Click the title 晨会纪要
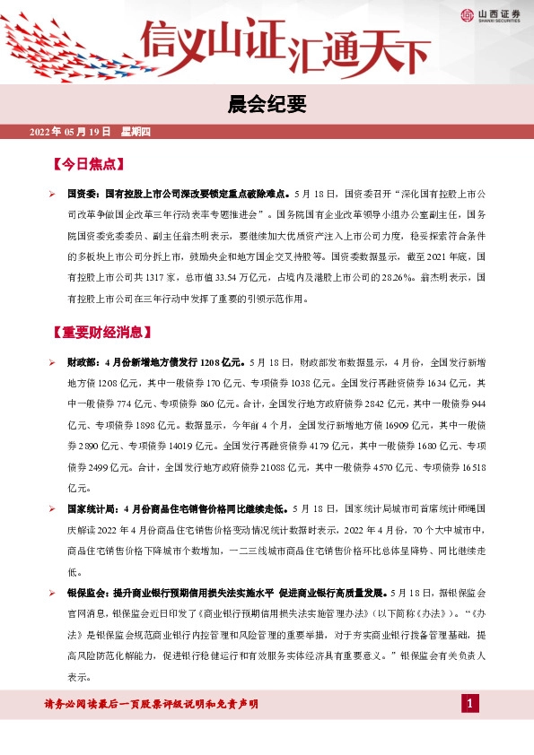coord(267,105)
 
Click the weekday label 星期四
coord(136,132)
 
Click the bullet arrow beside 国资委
coord(53,193)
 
